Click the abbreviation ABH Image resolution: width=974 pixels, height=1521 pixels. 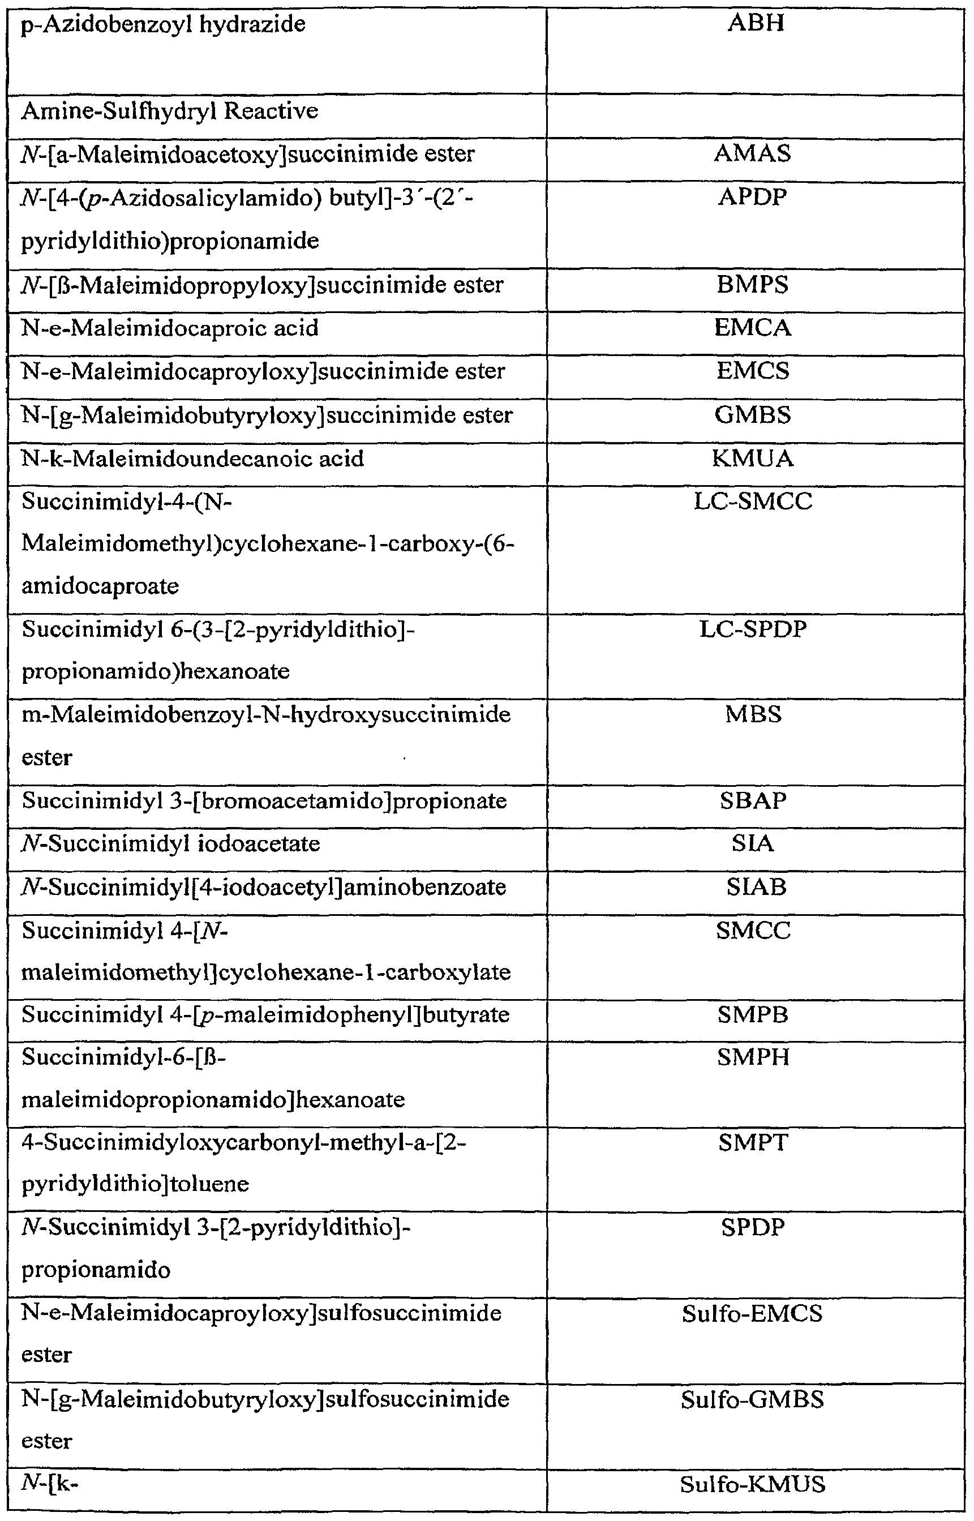755,23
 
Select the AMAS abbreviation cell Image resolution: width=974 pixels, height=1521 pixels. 752,153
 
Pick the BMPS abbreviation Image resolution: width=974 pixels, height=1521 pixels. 752,285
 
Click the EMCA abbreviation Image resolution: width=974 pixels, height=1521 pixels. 752,328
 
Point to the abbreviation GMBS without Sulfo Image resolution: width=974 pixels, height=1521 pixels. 752,415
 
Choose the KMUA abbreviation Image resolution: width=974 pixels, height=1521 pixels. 752,459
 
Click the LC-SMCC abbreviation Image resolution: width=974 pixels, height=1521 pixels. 752,502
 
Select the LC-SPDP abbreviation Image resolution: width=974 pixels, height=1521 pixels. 752,629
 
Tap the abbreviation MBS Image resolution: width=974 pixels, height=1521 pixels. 753,714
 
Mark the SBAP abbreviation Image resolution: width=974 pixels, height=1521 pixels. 753,800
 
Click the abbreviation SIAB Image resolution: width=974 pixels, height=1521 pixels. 756,886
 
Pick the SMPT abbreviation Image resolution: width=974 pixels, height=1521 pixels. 753,1143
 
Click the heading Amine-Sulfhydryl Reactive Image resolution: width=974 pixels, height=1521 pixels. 169,112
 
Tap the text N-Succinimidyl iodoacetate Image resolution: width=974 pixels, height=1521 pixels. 171,843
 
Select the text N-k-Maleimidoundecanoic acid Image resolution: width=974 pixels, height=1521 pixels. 192,459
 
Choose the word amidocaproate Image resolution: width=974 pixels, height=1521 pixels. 100,586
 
